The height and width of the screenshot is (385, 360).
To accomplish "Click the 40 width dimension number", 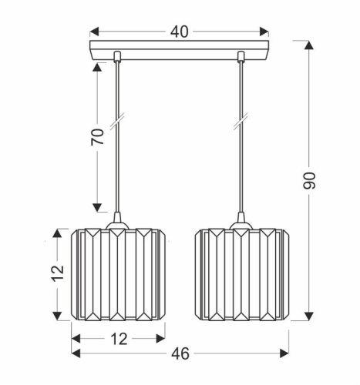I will [179, 32].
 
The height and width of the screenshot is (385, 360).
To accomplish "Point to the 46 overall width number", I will [179, 353].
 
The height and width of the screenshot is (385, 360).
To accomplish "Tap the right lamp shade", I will [240, 275].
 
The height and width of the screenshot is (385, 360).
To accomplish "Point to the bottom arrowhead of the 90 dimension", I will [310, 317].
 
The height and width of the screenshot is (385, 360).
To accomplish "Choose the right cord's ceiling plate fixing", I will [240, 55].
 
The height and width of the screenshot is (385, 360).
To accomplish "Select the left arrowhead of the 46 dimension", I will [76, 353].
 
